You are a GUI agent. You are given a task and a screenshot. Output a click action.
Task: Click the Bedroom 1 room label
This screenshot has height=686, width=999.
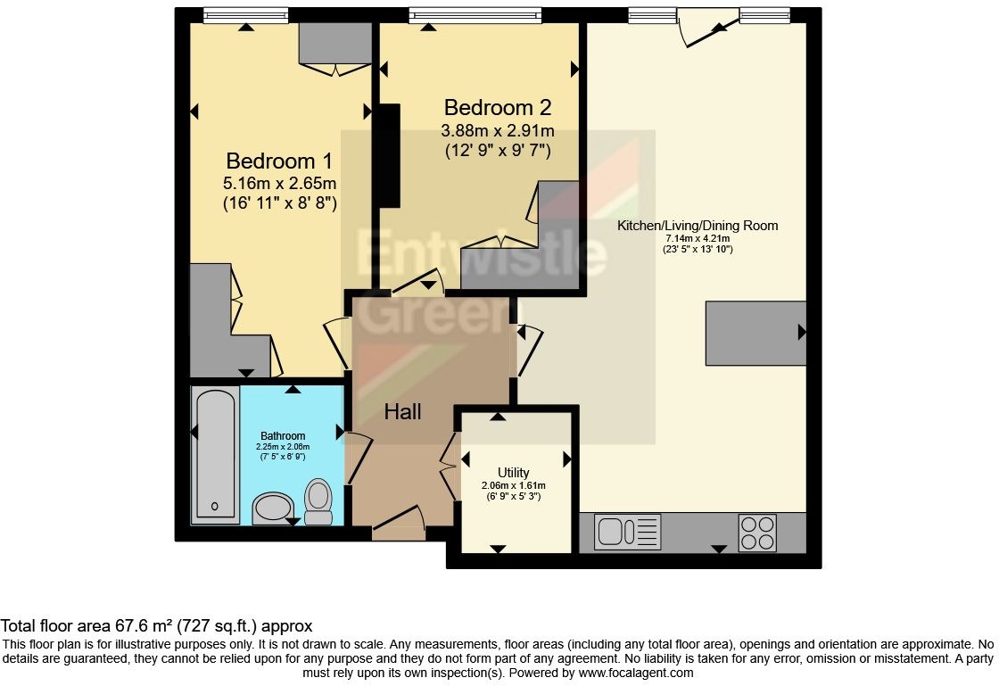[279, 161]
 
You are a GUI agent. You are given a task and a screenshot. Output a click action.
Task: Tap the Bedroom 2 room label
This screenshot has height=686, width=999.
[498, 108]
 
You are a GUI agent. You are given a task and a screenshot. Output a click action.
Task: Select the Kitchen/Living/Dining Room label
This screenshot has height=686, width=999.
[698, 226]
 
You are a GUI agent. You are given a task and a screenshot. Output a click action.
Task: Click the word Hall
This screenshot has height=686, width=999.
[402, 411]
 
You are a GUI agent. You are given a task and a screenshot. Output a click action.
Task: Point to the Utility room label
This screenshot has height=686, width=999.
[513, 473]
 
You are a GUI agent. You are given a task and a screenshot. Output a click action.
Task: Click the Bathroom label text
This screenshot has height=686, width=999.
[283, 435]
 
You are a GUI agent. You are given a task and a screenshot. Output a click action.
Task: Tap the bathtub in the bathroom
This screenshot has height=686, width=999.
[215, 454]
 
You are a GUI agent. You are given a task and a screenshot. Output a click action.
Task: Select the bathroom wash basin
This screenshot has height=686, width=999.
[273, 509]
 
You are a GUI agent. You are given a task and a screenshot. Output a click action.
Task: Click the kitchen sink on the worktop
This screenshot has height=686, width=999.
[615, 533]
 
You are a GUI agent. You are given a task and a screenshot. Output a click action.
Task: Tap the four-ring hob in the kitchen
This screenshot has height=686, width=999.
[756, 533]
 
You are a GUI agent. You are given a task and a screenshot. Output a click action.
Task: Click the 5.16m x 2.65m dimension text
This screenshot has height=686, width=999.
[279, 184]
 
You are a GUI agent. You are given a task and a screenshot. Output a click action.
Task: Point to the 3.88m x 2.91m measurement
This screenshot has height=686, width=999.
[498, 131]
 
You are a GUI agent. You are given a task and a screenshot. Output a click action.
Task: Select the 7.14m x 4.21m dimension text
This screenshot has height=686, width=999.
[698, 238]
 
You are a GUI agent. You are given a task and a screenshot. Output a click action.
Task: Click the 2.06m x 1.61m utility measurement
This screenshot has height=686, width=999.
[513, 485]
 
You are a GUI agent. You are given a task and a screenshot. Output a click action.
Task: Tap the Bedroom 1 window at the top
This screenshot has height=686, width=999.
[245, 14]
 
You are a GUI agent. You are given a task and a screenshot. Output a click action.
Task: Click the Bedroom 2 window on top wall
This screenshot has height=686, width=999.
[475, 14]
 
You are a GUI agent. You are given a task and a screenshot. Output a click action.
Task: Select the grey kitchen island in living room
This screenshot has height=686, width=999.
[755, 333]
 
